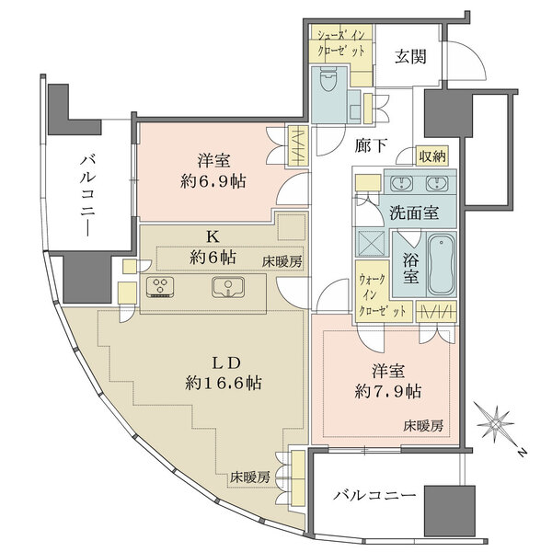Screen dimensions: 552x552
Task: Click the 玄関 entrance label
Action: (411, 55)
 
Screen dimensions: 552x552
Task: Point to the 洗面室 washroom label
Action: (412, 212)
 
